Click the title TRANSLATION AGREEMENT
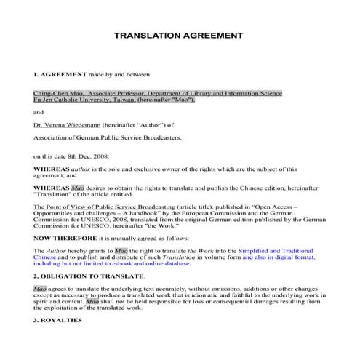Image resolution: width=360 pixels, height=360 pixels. point(180,36)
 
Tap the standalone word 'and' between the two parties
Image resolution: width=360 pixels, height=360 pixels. point(39,112)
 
